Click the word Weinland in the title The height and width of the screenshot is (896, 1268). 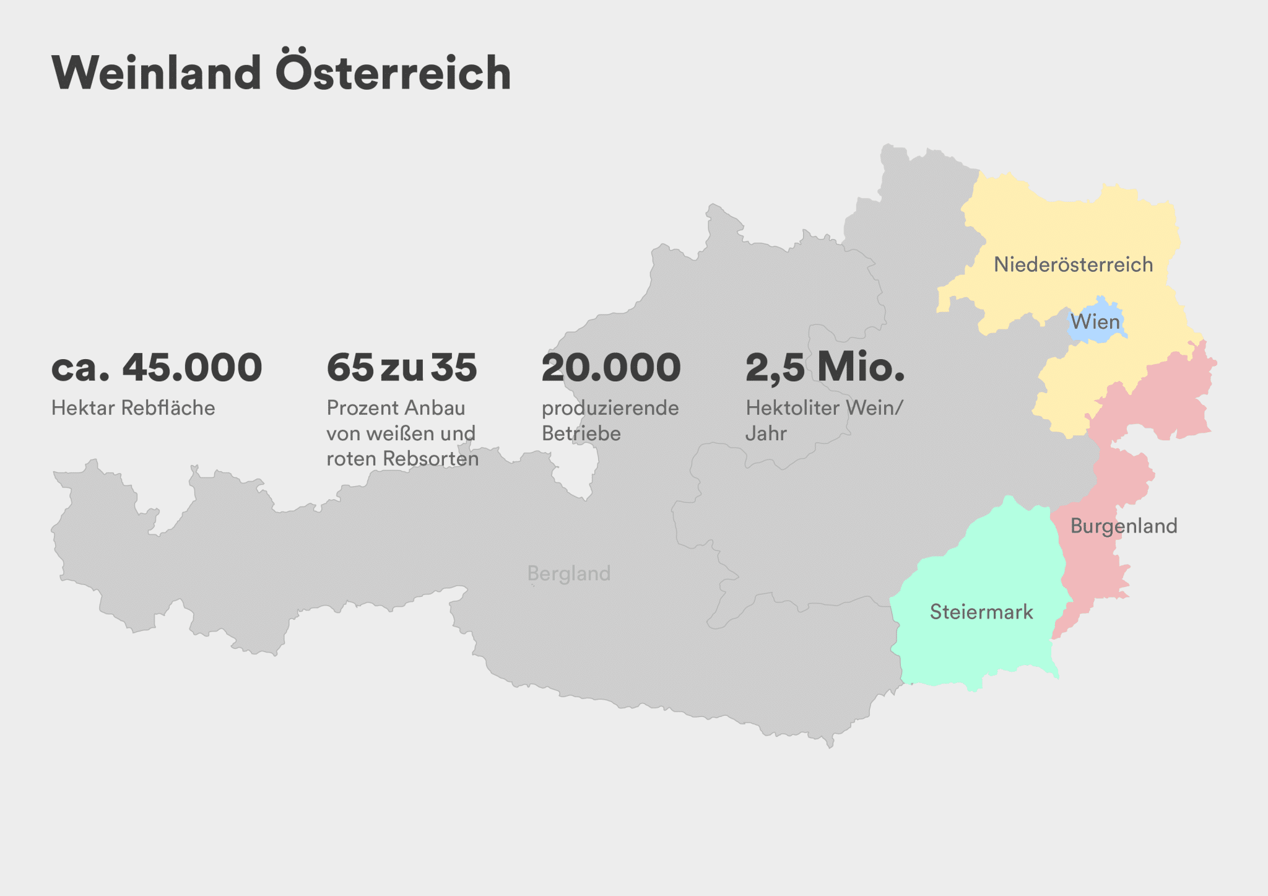click(x=156, y=73)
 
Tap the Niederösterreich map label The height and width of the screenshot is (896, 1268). click(x=1073, y=265)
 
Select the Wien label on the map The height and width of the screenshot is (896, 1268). click(x=1095, y=322)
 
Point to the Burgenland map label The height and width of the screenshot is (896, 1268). click(x=1124, y=526)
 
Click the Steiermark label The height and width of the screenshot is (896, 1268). click(x=981, y=612)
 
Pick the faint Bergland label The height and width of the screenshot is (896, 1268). click(x=569, y=573)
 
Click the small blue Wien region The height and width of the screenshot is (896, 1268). click(x=1096, y=334)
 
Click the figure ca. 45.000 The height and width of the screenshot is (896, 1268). click(x=157, y=367)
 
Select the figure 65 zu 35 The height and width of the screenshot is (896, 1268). click(x=402, y=367)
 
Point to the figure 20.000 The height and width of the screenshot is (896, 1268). click(x=611, y=367)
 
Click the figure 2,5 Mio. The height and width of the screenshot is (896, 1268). click(x=825, y=367)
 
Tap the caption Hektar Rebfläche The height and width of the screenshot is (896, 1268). click(x=133, y=408)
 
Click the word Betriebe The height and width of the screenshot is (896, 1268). click(x=581, y=433)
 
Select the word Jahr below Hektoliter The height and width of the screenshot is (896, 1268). click(x=766, y=433)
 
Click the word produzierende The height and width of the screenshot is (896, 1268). click(x=610, y=408)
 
